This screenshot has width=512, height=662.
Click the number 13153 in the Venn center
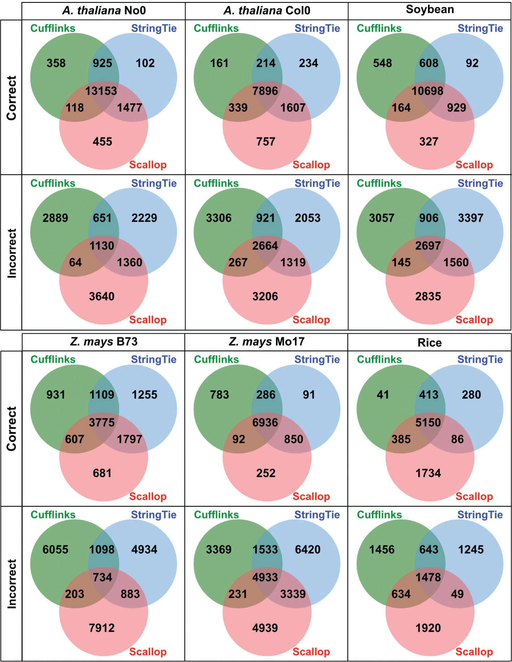click(101, 91)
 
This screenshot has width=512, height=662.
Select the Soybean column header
click(430, 10)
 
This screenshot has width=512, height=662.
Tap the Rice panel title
click(429, 342)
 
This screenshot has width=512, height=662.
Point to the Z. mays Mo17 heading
click(266, 342)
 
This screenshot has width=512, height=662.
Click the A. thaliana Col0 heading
click(266, 10)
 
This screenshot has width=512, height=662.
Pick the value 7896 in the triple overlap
click(265, 91)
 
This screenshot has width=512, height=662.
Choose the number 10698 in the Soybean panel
click(428, 91)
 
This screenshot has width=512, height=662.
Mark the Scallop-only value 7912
click(102, 628)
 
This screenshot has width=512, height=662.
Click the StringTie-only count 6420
click(308, 549)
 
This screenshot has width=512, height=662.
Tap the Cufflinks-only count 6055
click(55, 549)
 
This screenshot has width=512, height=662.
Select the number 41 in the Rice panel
click(383, 394)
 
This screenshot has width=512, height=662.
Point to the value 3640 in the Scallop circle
click(102, 296)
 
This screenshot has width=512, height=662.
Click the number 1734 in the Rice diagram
click(428, 473)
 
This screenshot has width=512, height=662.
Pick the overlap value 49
click(457, 594)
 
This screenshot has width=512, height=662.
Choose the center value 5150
click(428, 422)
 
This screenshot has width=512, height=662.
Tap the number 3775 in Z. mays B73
click(102, 422)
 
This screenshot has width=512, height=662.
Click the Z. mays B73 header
click(104, 342)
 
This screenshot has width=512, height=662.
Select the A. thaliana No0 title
click(104, 10)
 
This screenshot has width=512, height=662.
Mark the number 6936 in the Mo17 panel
click(265, 422)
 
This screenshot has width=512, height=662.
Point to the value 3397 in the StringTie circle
click(470, 218)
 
